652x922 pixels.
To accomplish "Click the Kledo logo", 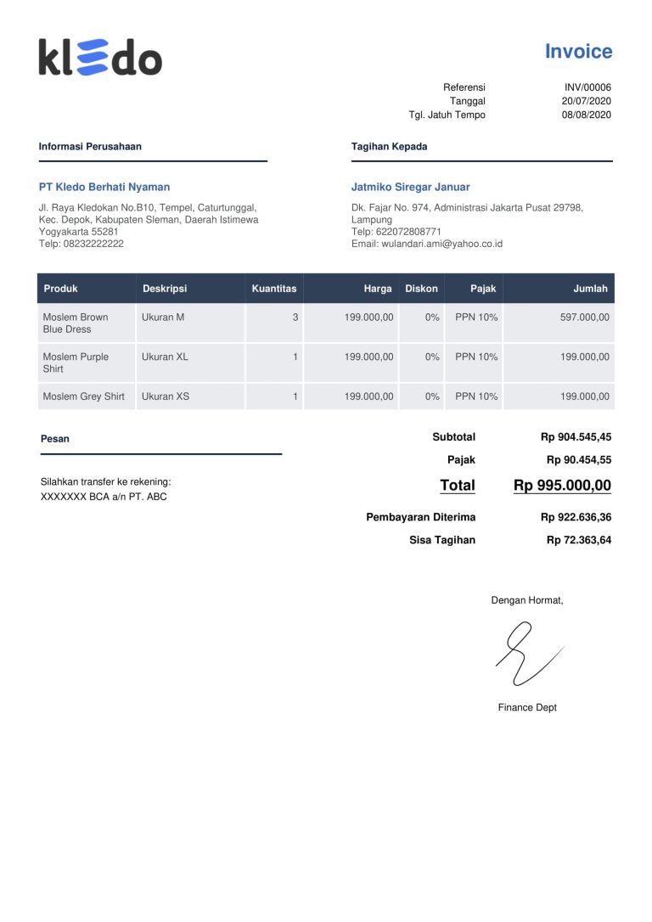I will (100, 57).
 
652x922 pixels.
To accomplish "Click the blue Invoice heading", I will (578, 52).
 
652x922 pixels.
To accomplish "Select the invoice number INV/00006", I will (587, 87).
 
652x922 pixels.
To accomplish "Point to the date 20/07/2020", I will (586, 101).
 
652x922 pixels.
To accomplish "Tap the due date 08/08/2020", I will (586, 115).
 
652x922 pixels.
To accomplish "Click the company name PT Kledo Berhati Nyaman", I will (104, 187).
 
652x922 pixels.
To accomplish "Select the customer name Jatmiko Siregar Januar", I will (410, 187).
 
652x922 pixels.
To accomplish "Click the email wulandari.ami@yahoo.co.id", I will (441, 244).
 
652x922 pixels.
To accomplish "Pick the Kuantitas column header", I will (274, 289).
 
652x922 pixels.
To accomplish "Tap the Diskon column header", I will (422, 289).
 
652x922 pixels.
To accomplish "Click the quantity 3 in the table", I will (295, 317).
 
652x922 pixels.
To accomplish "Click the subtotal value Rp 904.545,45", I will (576, 437).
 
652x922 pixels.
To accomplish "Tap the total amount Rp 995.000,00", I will (562, 486).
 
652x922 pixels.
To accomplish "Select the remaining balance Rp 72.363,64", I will (578, 540).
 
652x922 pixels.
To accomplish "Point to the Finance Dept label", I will (527, 707).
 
